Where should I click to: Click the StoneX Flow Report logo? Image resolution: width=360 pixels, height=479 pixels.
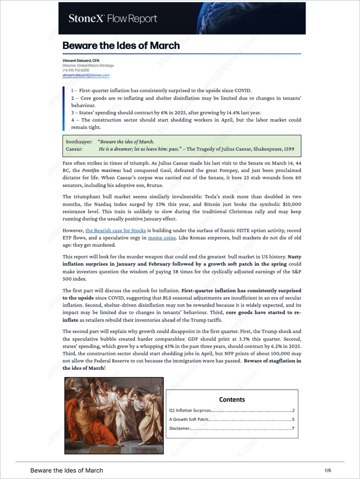coord(112,18)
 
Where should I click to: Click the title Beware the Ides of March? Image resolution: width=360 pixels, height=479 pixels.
coord(121,45)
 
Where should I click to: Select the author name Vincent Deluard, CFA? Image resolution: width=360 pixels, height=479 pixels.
coord(81,60)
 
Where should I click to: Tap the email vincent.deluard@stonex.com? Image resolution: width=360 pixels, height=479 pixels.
coord(86,75)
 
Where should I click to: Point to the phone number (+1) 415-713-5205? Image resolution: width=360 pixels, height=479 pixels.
coord(76,70)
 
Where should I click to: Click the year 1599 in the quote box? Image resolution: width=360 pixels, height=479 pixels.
coord(288,149)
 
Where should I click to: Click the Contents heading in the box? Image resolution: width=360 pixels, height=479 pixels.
coord(232,399)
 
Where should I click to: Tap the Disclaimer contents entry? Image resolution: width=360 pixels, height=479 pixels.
coord(179,429)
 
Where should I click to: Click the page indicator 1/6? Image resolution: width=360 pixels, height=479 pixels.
coord(328,470)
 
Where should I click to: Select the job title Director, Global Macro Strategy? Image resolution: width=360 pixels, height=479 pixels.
coord(88,65)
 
